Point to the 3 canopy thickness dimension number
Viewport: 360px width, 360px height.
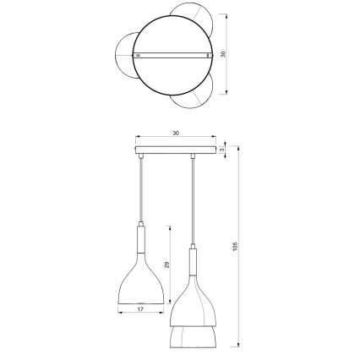click(221, 151)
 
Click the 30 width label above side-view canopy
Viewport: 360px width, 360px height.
click(176, 133)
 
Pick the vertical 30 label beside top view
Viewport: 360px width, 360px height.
click(223, 54)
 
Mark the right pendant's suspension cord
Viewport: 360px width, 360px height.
click(194, 203)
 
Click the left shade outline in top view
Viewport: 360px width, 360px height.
click(123, 55)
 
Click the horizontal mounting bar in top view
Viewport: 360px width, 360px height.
click(175, 54)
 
